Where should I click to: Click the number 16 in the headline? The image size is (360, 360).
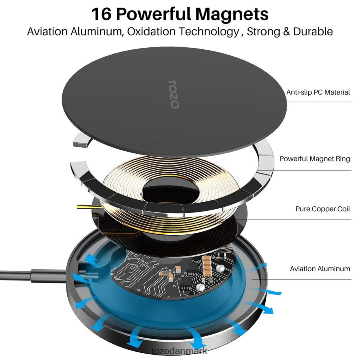click(x=102, y=14)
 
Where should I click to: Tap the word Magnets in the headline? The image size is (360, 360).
click(x=232, y=14)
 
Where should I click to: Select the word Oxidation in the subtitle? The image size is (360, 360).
click(x=151, y=31)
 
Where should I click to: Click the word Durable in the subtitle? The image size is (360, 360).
click(x=313, y=31)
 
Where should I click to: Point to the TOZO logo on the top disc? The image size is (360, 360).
click(x=173, y=94)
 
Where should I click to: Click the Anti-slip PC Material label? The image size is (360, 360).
click(x=318, y=92)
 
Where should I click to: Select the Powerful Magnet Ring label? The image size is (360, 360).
click(x=315, y=159)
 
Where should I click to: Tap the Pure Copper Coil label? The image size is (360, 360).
click(x=322, y=209)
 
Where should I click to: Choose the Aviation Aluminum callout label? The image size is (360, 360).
click(x=320, y=269)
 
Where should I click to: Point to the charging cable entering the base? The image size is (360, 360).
click(x=34, y=274)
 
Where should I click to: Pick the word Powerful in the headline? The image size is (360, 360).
click(x=153, y=14)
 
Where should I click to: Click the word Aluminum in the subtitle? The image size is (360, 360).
click(x=96, y=31)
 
